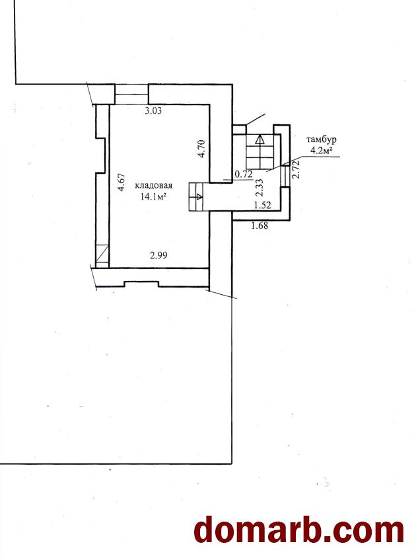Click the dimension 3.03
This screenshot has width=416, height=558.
click(153, 110)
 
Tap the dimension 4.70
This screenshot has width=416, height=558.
click(201, 148)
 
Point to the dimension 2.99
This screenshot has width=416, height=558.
click(158, 255)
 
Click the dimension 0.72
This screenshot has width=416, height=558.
click(244, 174)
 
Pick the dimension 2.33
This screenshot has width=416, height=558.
click(260, 187)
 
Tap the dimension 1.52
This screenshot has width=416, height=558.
click(262, 205)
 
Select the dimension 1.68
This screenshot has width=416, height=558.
click(260, 225)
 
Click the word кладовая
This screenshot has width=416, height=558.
click(154, 185)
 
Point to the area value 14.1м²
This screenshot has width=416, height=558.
click(154, 196)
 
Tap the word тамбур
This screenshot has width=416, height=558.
click(322, 139)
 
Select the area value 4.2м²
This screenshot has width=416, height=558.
click(322, 150)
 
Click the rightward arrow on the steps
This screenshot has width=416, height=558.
click(198, 196)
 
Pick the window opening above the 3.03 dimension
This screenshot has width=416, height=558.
click(131, 95)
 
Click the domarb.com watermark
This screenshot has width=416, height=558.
click(299, 532)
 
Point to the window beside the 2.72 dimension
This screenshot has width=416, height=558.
click(285, 177)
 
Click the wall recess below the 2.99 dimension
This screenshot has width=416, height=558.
click(141, 284)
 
